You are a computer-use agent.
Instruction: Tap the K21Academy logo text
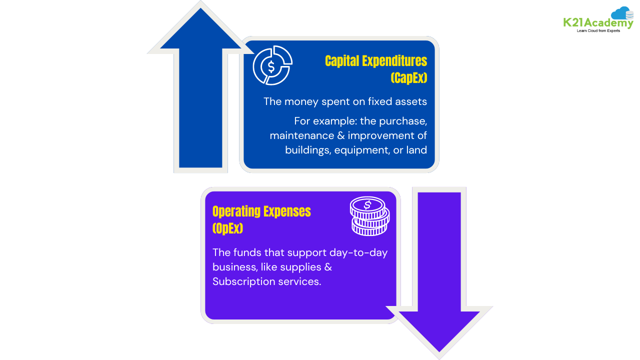597,22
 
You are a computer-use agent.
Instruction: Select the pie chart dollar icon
272,65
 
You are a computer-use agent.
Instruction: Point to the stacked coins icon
369,216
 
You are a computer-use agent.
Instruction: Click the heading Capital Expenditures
376,61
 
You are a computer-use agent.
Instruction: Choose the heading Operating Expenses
261,211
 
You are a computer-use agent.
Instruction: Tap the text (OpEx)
227,228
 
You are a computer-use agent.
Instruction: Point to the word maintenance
298,135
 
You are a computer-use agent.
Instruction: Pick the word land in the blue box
416,149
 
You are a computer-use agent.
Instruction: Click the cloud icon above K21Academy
622,13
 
